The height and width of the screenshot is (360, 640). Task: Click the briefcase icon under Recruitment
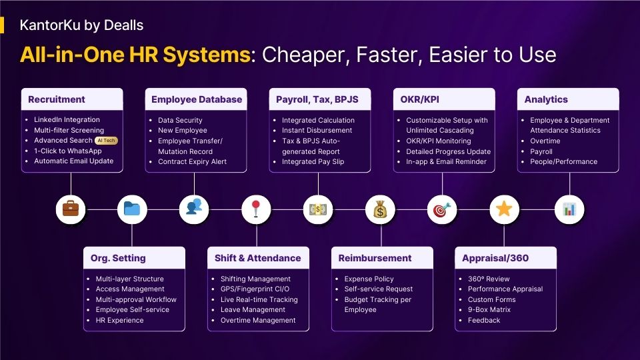(71, 209)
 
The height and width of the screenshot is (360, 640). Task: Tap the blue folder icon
(132, 209)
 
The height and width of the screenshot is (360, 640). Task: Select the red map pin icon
(256, 209)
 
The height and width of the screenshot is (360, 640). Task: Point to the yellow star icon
(504, 209)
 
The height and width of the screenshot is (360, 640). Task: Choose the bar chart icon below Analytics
(569, 209)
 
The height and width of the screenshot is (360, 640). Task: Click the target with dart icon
(441, 209)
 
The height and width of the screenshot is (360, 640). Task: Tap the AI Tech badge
(106, 141)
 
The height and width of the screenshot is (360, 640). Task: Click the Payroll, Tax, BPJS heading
(317, 99)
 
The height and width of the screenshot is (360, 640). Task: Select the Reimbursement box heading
(375, 258)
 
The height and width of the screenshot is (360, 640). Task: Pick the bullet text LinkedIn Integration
(67, 119)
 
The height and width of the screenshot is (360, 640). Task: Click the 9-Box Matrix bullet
(489, 310)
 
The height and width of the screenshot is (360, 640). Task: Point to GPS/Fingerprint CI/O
(255, 289)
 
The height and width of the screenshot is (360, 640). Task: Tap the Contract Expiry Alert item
(192, 161)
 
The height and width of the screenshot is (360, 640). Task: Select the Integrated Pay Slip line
(313, 161)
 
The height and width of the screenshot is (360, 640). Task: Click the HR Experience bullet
(119, 321)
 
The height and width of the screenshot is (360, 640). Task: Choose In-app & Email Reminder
(446, 161)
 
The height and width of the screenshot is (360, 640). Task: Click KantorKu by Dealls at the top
(81, 25)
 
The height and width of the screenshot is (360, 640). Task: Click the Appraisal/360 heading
(495, 258)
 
